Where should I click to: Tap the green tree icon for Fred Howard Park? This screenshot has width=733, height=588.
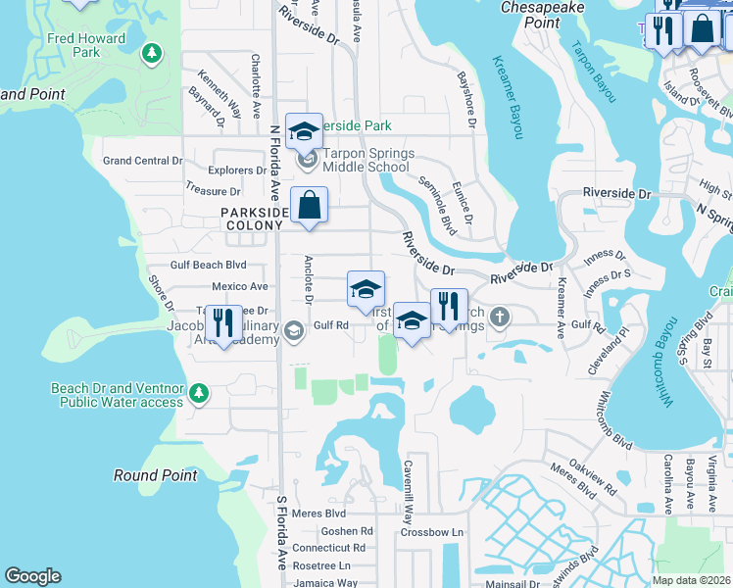tap(151, 51)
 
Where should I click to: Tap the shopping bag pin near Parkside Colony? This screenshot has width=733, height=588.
tap(309, 206)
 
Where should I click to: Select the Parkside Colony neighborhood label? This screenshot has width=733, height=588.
tap(255, 219)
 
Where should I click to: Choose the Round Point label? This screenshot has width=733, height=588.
tap(149, 475)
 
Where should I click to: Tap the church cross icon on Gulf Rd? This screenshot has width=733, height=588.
tap(500, 316)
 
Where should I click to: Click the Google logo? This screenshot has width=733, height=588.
tap(32, 576)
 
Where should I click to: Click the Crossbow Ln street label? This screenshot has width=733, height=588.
tap(431, 532)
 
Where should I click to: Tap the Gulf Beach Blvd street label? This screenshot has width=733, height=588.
tap(208, 265)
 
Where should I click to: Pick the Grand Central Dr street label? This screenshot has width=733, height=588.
tap(143, 160)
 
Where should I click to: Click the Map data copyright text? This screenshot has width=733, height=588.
tap(691, 580)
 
